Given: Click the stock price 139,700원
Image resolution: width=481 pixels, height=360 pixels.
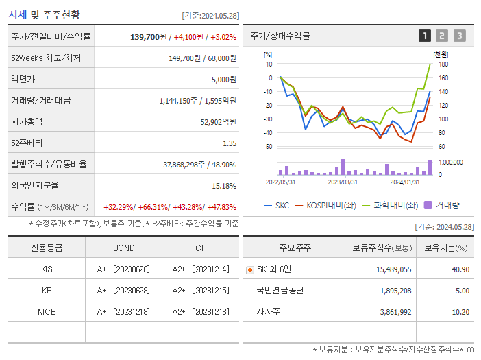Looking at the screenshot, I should (x=148, y=36).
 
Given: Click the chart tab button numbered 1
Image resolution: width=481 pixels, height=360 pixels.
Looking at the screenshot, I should (x=425, y=36).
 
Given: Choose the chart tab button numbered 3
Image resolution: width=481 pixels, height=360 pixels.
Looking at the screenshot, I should (x=459, y=36).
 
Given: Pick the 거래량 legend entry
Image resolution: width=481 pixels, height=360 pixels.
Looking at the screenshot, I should (x=442, y=205).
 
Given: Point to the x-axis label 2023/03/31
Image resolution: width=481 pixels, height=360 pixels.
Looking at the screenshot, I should (x=343, y=182).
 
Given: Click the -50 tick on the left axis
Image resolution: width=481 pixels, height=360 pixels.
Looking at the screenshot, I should (x=268, y=147).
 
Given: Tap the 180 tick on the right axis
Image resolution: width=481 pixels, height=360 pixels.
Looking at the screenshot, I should (x=443, y=64).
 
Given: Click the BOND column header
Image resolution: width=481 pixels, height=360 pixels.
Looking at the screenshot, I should (x=124, y=248).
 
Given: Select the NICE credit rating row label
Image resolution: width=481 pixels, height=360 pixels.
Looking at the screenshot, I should (x=47, y=311).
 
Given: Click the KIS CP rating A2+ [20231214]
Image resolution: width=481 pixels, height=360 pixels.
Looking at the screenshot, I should (x=201, y=269).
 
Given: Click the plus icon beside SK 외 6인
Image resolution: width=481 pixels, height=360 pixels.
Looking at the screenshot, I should (x=249, y=270).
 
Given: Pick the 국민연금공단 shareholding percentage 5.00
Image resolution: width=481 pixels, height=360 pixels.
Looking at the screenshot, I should (x=461, y=291).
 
